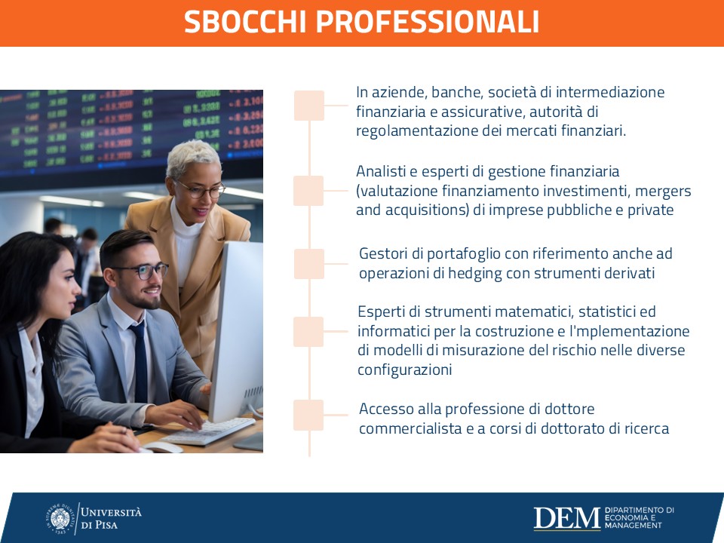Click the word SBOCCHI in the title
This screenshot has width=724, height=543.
245,21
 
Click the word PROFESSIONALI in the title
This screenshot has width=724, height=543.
428,21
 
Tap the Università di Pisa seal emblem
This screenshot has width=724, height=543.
60,519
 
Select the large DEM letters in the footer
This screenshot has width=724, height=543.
566,518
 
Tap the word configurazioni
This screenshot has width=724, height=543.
404,370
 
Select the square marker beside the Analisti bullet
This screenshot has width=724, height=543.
308,191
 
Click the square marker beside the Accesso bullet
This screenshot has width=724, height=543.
308,415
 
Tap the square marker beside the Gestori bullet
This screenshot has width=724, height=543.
309,264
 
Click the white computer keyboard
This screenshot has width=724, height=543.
208,431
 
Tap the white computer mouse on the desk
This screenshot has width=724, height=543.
162,447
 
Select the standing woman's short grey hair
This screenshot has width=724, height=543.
194,158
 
